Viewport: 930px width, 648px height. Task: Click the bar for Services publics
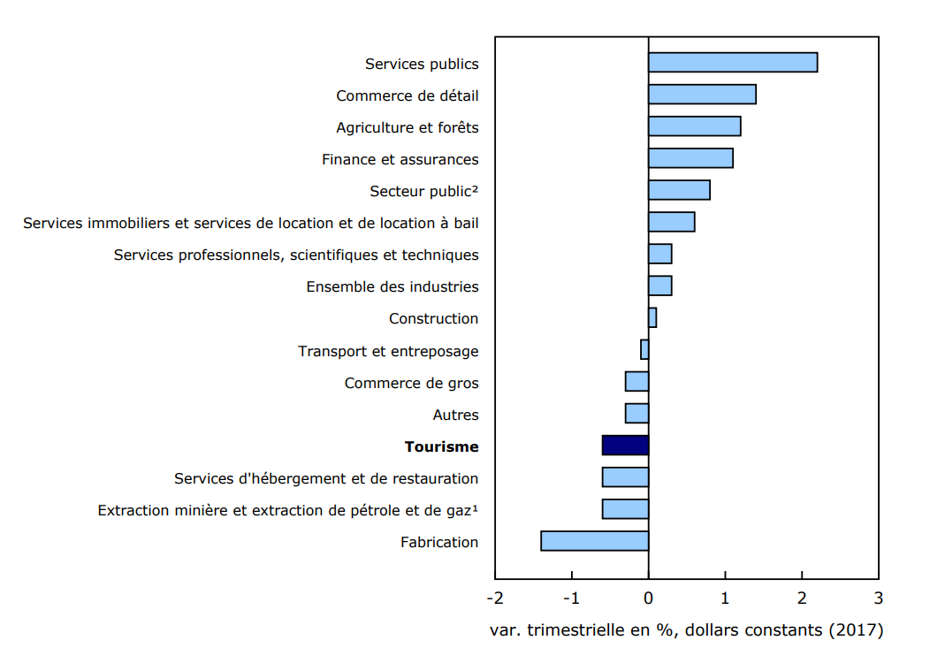pos(732,63)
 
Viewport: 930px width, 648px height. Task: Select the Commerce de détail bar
pos(702,95)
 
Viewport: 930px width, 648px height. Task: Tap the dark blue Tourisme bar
pos(625,446)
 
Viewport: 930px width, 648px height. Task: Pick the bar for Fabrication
pos(594,541)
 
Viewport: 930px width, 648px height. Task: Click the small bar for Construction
pos(652,317)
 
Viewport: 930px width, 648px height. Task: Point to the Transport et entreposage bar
pos(644,350)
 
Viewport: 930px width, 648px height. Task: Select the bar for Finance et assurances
pos(690,158)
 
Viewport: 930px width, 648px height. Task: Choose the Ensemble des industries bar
pos(659,286)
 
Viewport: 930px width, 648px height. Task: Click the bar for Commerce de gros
pos(637,382)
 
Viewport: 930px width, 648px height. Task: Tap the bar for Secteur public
pos(679,190)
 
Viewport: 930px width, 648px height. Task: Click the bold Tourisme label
pos(441,446)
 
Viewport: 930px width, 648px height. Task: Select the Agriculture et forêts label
pos(407,127)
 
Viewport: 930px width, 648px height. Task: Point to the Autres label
pos(455,415)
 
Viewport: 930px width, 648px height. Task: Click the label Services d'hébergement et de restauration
pos(325,478)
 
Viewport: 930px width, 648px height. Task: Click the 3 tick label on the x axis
pos(878,598)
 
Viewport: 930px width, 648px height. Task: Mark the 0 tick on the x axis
pos(648,598)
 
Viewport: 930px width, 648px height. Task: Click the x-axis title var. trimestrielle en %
pos(686,630)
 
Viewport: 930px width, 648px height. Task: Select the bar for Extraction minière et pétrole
pos(625,509)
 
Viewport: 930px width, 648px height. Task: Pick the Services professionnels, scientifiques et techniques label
pos(296,255)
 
